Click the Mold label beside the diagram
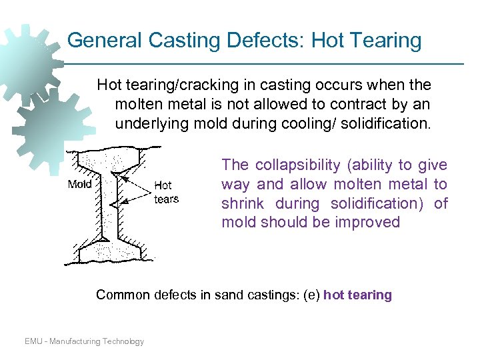tap(80, 184)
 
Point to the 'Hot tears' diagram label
tap(166, 192)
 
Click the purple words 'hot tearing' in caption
tap(357, 295)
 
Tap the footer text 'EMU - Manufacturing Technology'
tap(84, 341)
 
